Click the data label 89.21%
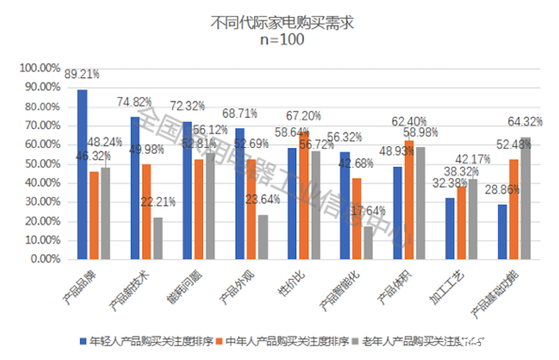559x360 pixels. pyautogui.click(x=82, y=74)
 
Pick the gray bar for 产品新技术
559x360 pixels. pyautogui.click(x=158, y=237)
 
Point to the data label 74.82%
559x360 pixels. pyautogui.click(x=135, y=102)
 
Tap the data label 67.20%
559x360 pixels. pyautogui.click(x=303, y=115)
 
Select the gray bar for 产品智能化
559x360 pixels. pyautogui.click(x=368, y=242)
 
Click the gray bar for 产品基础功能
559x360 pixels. pyautogui.click(x=527, y=197)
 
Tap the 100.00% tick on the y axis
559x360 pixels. pyautogui.click(x=40, y=68)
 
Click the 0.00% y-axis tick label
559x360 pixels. pyautogui.click(x=44, y=260)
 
